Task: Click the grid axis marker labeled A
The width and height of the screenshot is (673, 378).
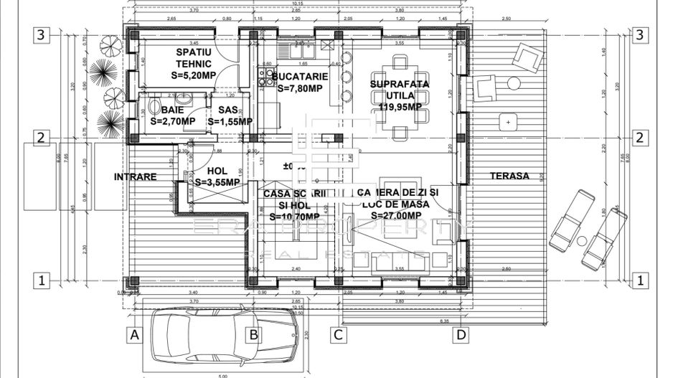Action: [x=133, y=334]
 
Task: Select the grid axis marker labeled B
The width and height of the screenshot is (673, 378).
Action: [x=253, y=334]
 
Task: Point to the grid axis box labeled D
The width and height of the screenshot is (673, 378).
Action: [x=461, y=334]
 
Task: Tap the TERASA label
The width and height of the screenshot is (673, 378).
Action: [x=509, y=176]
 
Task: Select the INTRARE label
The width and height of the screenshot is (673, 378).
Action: [x=135, y=176]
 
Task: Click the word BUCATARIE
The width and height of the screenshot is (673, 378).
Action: [x=300, y=76]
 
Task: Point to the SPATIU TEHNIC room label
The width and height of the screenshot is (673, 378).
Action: [x=194, y=58]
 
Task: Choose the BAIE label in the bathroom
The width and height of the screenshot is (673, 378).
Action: [x=172, y=110]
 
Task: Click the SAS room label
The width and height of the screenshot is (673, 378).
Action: [x=227, y=110]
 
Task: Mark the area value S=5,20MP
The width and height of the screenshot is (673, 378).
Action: [x=194, y=75]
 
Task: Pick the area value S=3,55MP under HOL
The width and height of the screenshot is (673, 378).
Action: [x=217, y=182]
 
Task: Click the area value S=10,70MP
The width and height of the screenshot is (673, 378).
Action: [x=295, y=216]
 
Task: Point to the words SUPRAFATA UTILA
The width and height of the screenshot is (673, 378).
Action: [x=400, y=90]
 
